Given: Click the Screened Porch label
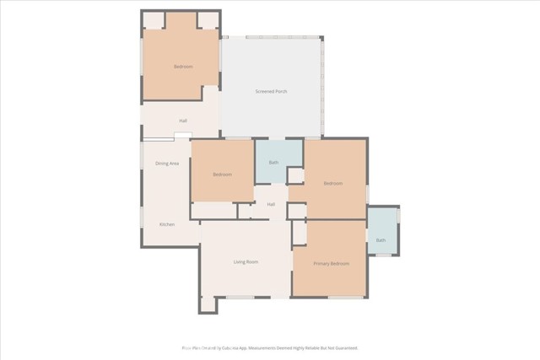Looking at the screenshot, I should [x=271, y=91].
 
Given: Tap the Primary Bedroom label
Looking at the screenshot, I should [x=332, y=264].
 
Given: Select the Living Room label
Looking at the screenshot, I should [x=246, y=262].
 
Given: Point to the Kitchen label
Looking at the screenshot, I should [x=167, y=224].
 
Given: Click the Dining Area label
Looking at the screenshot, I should [x=167, y=163].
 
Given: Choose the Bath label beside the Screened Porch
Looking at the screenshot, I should [x=273, y=163].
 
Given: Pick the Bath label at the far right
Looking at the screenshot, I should [x=381, y=241].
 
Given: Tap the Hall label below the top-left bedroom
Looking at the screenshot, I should [x=183, y=121].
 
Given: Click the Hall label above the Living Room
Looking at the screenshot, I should [x=271, y=204].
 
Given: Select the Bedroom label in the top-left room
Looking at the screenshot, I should [x=183, y=67].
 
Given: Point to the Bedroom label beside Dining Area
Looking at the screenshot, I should [x=222, y=175].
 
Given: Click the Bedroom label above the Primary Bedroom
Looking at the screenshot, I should [x=332, y=183].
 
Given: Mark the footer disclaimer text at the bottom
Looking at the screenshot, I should [x=270, y=347].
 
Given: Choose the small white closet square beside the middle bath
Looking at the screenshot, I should [x=295, y=175].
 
